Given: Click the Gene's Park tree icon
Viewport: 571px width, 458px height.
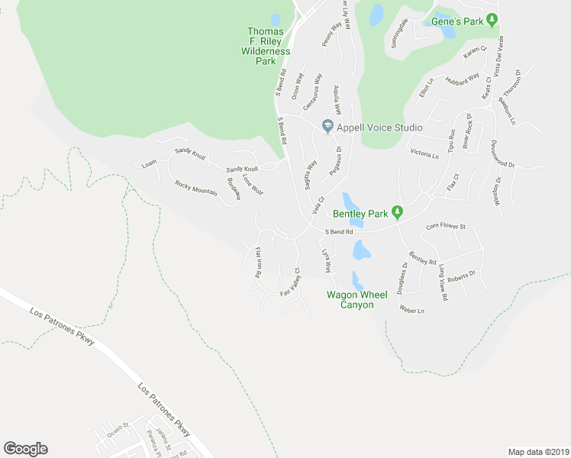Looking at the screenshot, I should (x=493, y=21).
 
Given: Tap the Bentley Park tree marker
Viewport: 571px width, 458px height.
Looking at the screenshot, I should (x=397, y=211).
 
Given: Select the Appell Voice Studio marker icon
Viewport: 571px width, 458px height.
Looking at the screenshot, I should (x=328, y=127).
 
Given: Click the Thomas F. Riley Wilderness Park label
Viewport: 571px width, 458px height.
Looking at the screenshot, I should (x=266, y=46).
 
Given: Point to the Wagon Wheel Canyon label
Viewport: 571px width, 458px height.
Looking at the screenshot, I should (x=350, y=299).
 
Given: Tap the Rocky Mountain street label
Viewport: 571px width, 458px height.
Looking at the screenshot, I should (x=196, y=188).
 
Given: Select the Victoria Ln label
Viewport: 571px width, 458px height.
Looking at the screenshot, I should (x=425, y=154).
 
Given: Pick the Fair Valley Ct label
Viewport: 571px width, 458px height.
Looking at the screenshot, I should (x=291, y=284).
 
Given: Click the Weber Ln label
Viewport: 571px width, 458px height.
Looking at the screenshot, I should (x=411, y=310).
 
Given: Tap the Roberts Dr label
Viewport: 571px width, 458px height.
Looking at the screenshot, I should (x=461, y=276).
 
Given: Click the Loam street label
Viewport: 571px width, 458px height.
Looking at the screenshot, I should (x=149, y=163).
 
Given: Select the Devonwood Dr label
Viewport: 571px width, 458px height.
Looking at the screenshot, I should (x=502, y=153).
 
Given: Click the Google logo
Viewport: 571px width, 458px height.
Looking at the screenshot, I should (x=25, y=449).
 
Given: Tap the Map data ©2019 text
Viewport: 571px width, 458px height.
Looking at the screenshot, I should (x=537, y=452).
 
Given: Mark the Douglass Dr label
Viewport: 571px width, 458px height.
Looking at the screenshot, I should (x=402, y=279).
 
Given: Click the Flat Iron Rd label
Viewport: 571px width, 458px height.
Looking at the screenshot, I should (x=258, y=262).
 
